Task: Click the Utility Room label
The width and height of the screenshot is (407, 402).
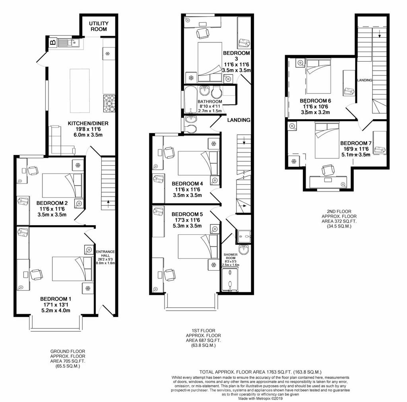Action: click(x=99, y=26)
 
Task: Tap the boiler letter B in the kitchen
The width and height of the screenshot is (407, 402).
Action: click(x=53, y=42)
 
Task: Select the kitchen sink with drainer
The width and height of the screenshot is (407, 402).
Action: click(x=68, y=42)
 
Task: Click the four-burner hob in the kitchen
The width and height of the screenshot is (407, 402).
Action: click(x=109, y=104)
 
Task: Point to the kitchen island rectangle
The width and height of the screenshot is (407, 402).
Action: click(x=79, y=91)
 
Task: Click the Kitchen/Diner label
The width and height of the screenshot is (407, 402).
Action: click(x=88, y=124)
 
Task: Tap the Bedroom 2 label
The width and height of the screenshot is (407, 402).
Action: click(x=52, y=203)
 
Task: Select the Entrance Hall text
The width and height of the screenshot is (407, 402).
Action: click(x=105, y=253)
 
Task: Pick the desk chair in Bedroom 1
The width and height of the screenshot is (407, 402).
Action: click(x=36, y=274)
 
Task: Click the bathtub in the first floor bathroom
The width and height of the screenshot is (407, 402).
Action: click(x=190, y=100)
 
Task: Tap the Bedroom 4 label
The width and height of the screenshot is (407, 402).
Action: click(x=188, y=184)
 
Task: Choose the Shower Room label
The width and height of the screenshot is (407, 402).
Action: click(x=231, y=256)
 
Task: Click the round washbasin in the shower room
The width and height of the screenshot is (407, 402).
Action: click(x=244, y=249)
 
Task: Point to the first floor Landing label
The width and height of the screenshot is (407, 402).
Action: click(x=239, y=120)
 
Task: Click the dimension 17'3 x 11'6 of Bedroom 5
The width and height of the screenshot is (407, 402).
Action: click(x=187, y=220)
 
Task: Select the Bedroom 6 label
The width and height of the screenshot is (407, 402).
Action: click(x=315, y=101)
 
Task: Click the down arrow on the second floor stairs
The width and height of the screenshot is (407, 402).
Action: click(x=380, y=34)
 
